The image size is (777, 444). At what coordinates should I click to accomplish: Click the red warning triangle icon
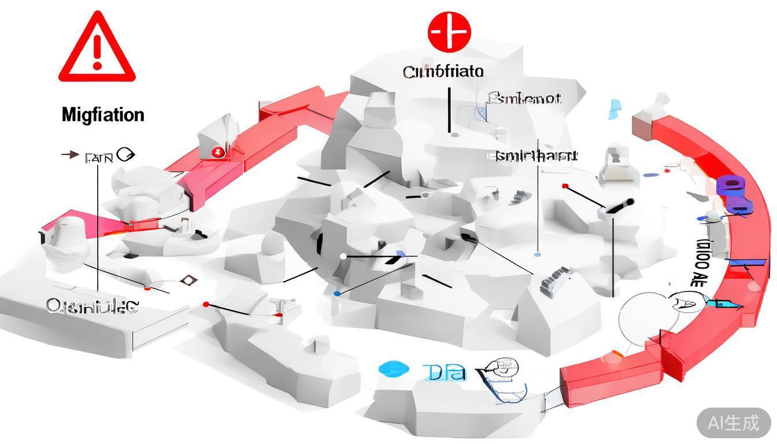[97, 49]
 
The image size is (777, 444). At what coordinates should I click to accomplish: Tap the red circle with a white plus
[449, 31]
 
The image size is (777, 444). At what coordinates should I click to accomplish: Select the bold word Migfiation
[103, 114]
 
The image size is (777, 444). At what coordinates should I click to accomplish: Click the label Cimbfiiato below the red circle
[443, 72]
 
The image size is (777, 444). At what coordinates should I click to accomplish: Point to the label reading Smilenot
[524, 98]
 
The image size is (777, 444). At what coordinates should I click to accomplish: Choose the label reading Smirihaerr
[536, 156]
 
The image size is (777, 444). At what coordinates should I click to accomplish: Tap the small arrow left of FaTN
[71, 154]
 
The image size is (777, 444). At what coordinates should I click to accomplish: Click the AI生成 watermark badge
[734, 423]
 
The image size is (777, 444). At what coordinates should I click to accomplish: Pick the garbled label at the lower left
[92, 306]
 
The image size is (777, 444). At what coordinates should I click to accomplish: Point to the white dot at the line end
[343, 256]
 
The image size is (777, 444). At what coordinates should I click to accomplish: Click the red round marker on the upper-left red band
[218, 153]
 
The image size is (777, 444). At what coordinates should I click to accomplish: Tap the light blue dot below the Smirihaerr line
[538, 254]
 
